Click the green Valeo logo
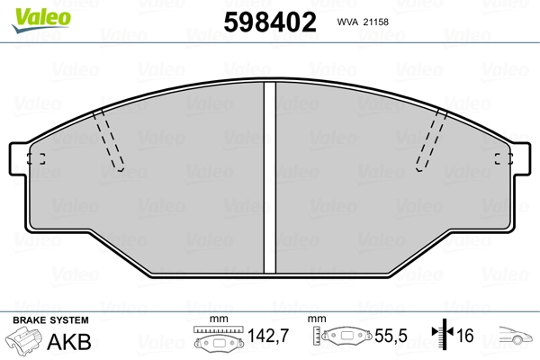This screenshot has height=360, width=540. (x=41, y=20)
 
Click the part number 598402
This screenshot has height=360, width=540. (x=270, y=22)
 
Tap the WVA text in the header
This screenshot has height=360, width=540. (x=347, y=22)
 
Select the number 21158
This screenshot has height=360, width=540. (x=376, y=22)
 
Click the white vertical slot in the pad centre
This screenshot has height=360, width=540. (x=270, y=177)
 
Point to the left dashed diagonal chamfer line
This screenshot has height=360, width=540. (x=108, y=140)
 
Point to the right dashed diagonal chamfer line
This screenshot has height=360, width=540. (x=431, y=140)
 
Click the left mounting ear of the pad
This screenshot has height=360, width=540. (x=19, y=158)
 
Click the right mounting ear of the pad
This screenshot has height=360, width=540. (x=521, y=158)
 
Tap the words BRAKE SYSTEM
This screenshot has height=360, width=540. (x=50, y=320)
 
